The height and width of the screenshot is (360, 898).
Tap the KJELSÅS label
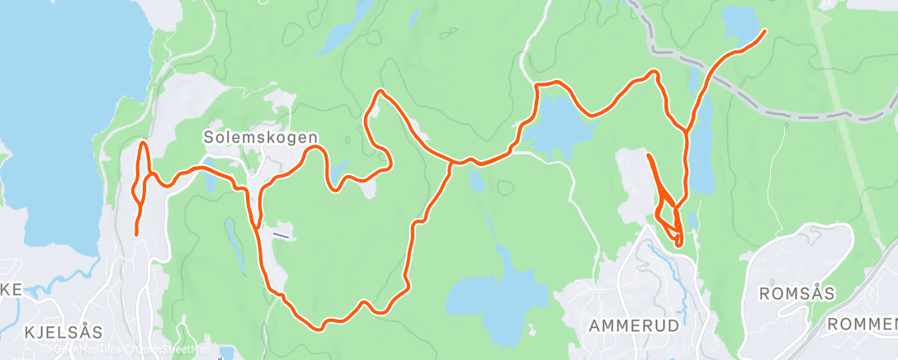coord(64,333)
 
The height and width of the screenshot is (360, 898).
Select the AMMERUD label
coord(634,326)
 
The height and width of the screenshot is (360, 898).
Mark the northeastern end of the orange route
coord(764,31)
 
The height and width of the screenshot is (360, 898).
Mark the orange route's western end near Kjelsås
coord(136,235)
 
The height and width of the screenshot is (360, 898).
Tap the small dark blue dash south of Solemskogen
coord(281,234)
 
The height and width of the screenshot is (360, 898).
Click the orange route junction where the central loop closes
coord(451,163)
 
